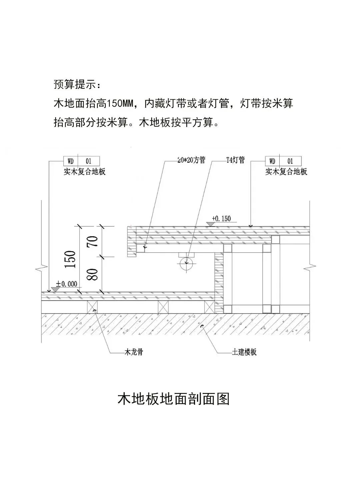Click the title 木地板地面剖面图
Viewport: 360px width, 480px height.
[x=174, y=399]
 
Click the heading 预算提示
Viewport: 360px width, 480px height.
[x=77, y=84]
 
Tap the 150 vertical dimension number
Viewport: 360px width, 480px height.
[x=71, y=259]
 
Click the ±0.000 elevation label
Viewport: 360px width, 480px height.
[x=67, y=284]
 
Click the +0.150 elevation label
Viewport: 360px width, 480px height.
[x=221, y=219]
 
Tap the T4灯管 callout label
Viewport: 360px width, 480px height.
[x=235, y=160]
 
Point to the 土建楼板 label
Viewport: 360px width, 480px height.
[x=244, y=352]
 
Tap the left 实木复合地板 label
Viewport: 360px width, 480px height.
[x=85, y=172]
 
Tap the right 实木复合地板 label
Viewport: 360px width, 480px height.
[x=286, y=172]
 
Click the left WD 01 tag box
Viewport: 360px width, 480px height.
[x=81, y=161]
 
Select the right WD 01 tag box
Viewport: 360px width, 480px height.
[x=283, y=161]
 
